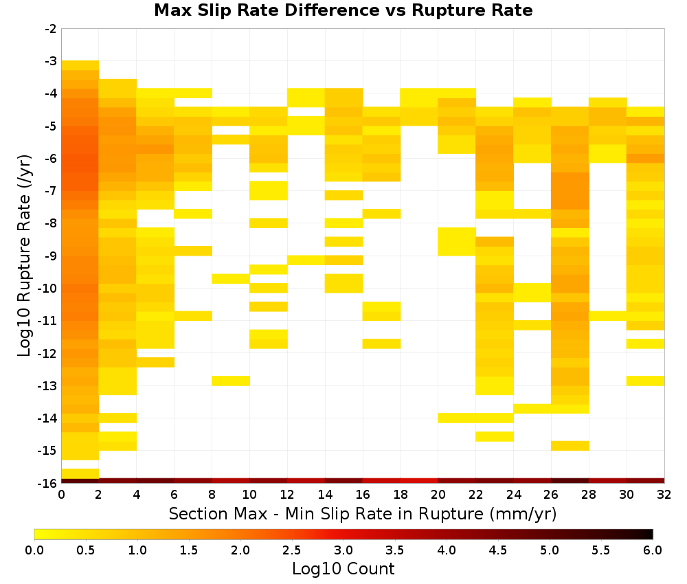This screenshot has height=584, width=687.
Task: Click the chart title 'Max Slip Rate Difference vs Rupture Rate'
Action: click(x=343, y=10)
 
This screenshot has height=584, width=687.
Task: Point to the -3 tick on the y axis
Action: click(x=51, y=61)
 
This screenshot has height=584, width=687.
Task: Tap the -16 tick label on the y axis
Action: click(x=48, y=483)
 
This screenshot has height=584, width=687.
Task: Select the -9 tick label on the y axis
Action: click(x=51, y=256)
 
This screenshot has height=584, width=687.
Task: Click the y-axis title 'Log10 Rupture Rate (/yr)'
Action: click(x=25, y=256)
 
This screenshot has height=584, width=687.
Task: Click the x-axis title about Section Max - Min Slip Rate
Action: click(x=362, y=513)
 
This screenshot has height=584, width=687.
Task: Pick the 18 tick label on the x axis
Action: click(x=401, y=495)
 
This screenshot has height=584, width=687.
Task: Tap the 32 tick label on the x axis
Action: click(x=664, y=495)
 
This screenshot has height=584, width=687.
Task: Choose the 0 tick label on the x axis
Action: click(x=61, y=495)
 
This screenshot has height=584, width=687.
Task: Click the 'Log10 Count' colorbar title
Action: click(x=343, y=569)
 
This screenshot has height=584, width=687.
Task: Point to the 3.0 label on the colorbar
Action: click(x=343, y=550)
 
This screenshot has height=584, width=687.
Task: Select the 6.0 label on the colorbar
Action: click(x=653, y=550)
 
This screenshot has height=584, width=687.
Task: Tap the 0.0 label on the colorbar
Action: click(x=34, y=550)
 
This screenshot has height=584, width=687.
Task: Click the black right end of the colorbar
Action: click(x=651, y=534)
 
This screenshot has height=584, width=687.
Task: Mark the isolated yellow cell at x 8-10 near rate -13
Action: click(x=231, y=381)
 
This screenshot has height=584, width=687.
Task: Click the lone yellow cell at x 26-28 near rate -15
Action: click(x=570, y=445)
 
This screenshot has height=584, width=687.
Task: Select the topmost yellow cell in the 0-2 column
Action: click(x=80, y=65)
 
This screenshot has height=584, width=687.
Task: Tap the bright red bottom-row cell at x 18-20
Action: click(x=419, y=481)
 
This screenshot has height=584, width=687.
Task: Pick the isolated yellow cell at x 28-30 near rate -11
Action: click(x=608, y=315)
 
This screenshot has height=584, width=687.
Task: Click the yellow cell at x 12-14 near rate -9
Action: click(x=306, y=260)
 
